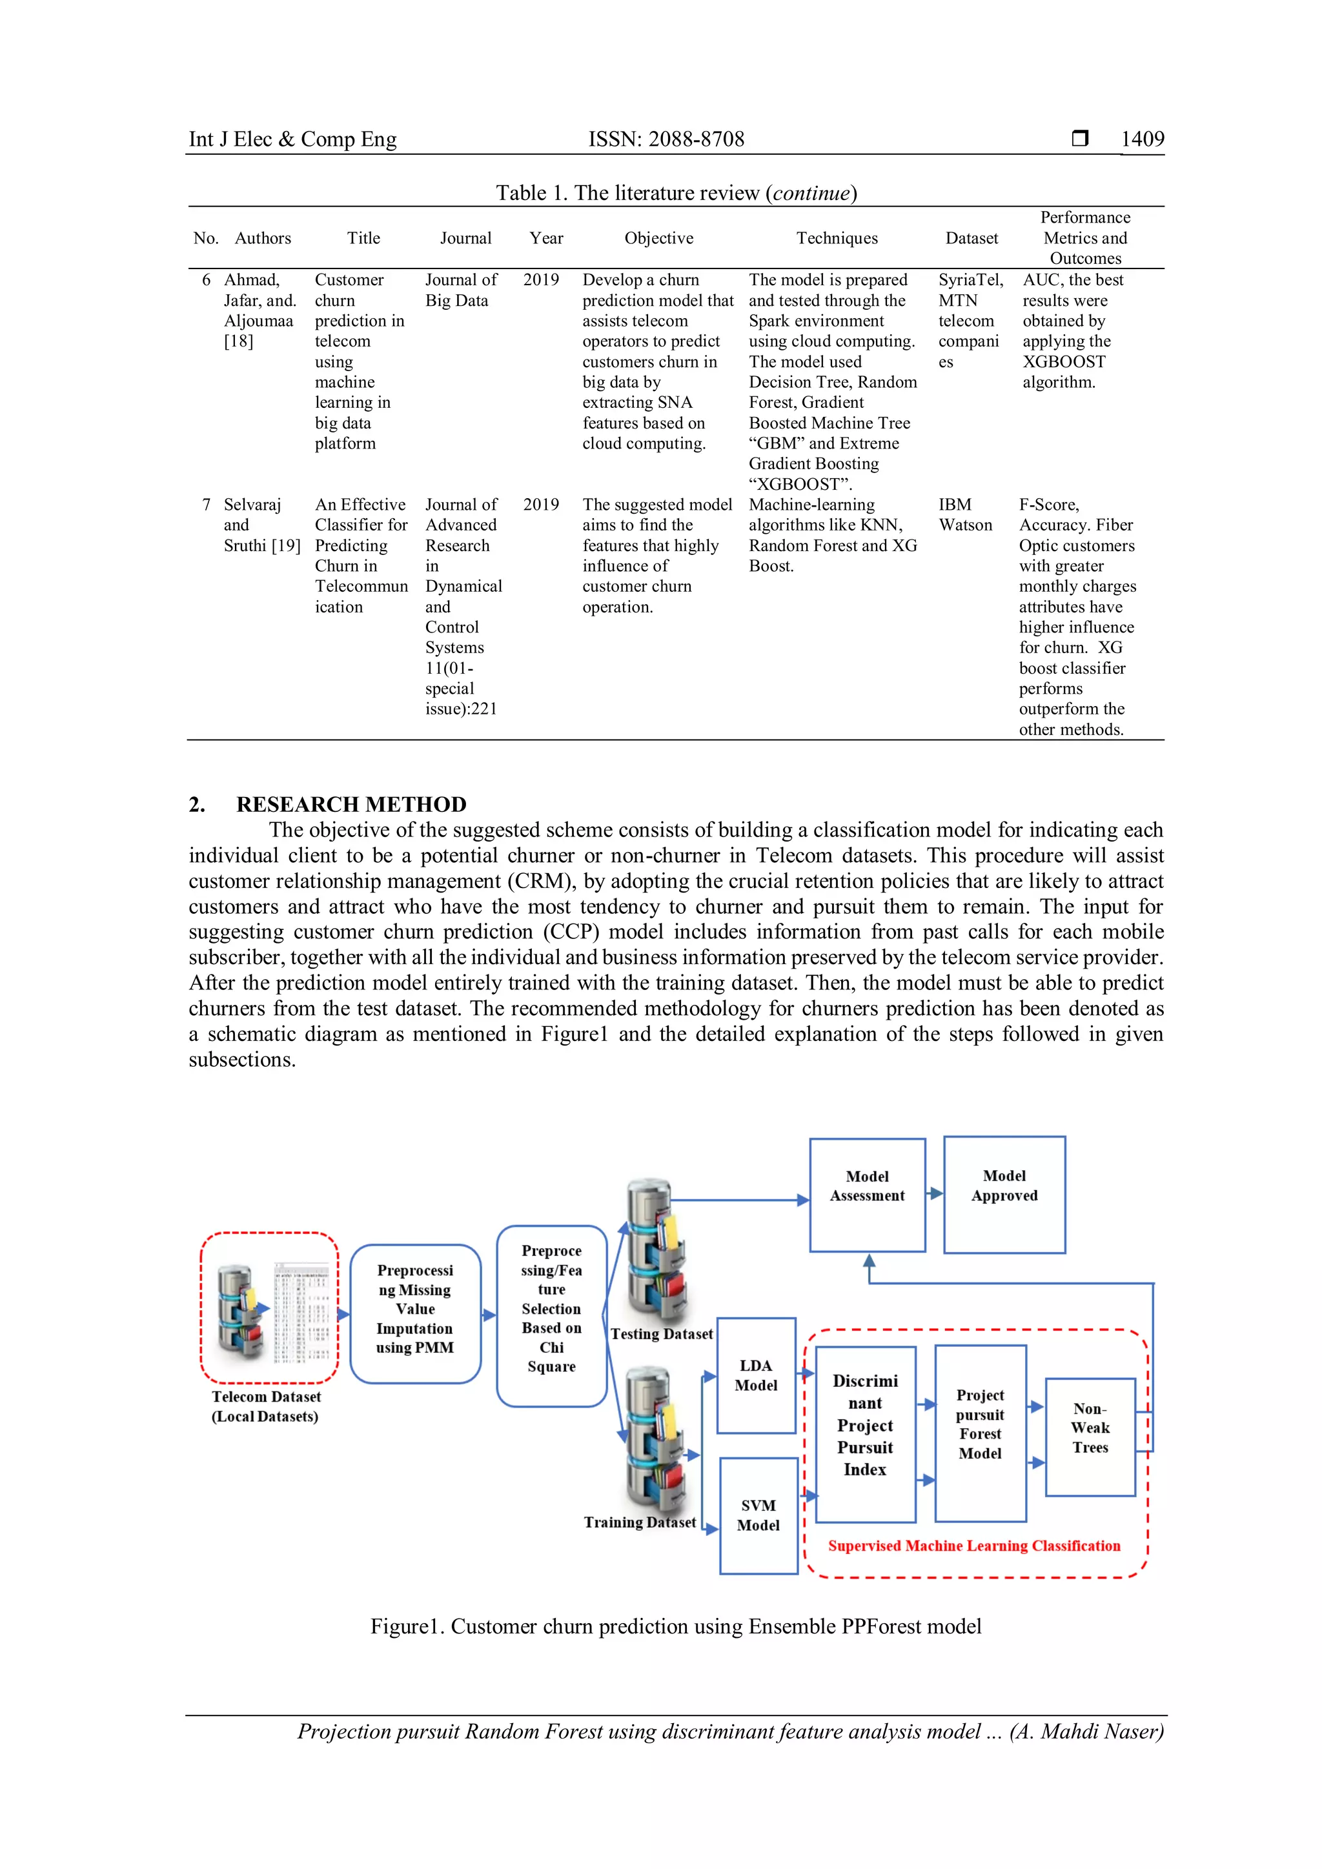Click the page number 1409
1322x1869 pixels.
point(1142,139)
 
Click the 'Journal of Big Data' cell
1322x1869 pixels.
point(460,290)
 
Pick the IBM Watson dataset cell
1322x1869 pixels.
point(966,514)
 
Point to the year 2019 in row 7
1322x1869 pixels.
point(540,505)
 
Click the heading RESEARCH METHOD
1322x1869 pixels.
point(351,804)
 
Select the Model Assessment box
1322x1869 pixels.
point(867,1194)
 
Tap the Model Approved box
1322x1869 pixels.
point(1004,1194)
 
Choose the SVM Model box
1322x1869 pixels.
point(758,1515)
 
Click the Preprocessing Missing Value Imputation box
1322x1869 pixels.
point(415,1308)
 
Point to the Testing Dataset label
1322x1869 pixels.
point(661,1333)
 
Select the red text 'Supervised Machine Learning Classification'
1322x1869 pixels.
point(973,1545)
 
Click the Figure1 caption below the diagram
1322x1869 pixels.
point(676,1626)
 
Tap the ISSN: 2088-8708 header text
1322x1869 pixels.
point(666,139)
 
